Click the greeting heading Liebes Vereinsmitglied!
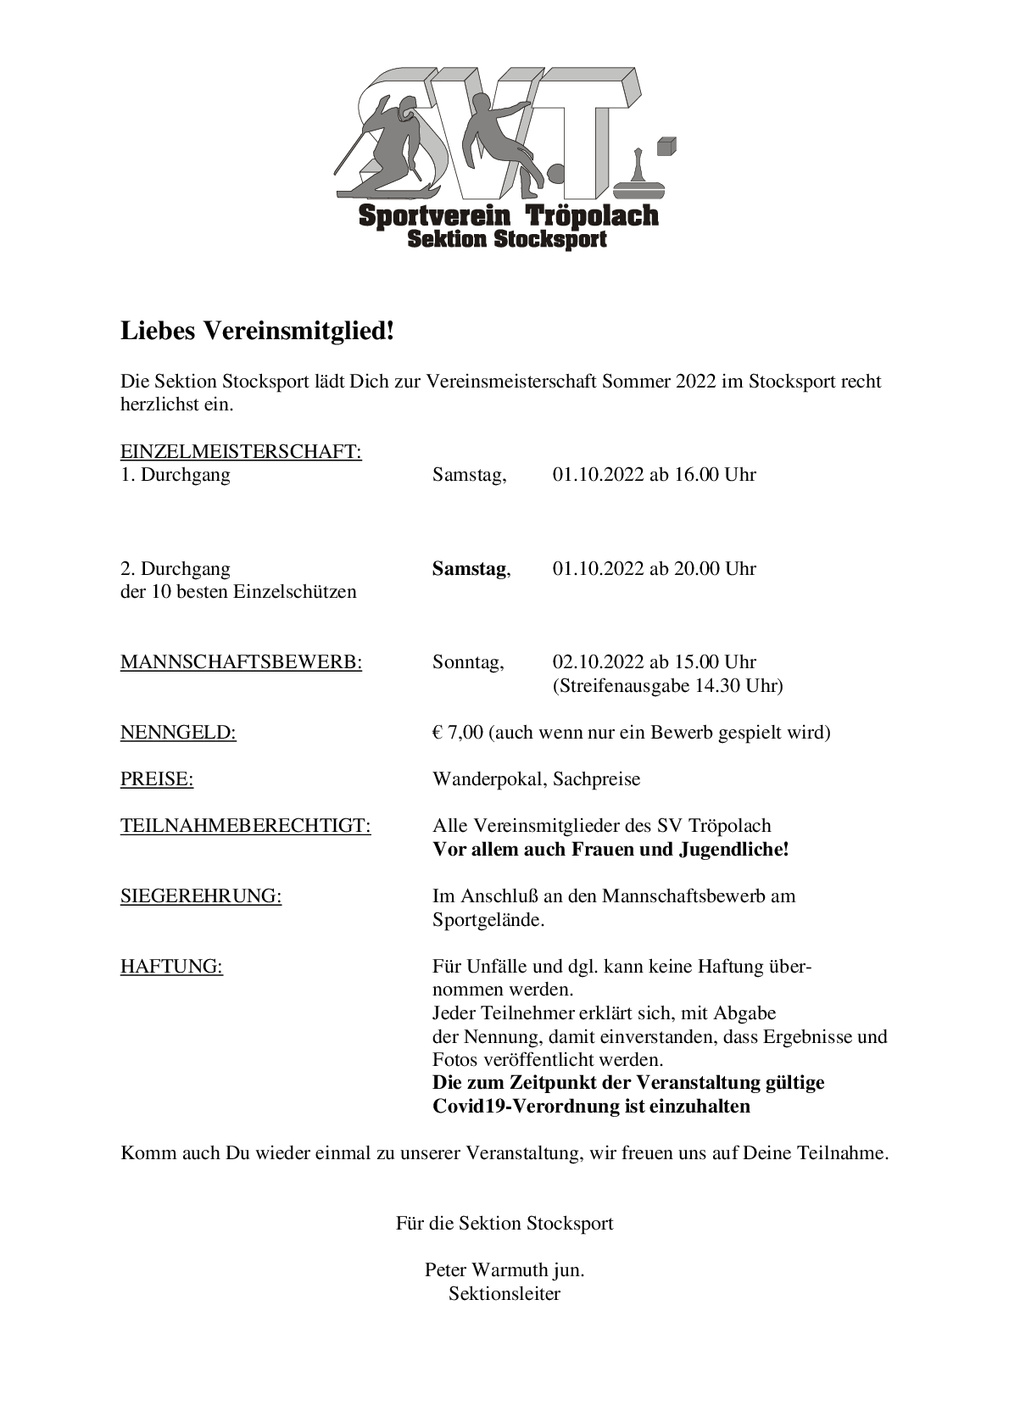257,331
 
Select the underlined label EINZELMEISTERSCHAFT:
241,452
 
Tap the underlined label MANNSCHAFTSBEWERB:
241,662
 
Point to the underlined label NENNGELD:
178,733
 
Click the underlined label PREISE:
157,779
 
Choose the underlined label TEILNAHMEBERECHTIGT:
245,826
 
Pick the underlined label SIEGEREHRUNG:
201,896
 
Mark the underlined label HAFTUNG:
171,966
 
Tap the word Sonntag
467,662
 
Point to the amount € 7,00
457,733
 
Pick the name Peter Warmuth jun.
504,1270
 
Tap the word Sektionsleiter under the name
504,1294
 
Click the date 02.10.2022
599,662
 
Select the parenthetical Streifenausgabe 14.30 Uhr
667,686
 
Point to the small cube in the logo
667,146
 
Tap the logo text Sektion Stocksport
507,240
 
